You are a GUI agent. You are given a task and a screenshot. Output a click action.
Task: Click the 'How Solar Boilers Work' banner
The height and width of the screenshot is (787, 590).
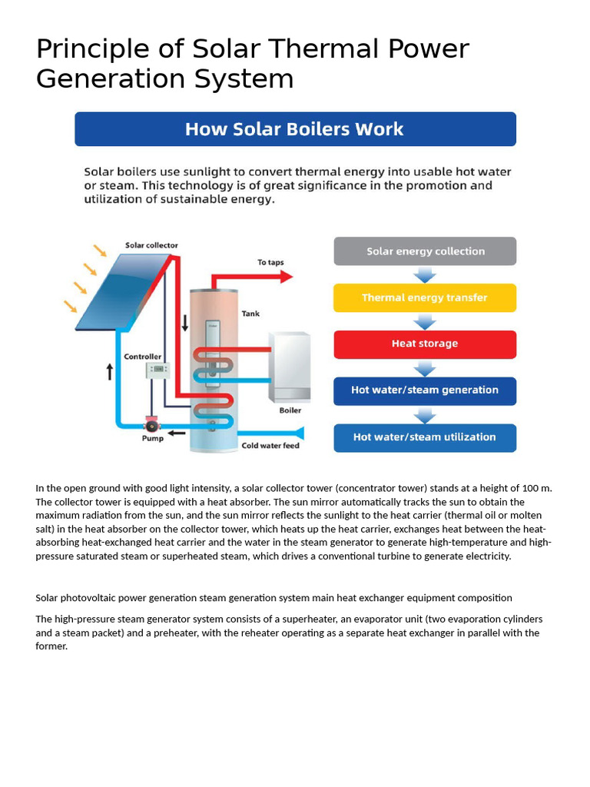(x=295, y=129)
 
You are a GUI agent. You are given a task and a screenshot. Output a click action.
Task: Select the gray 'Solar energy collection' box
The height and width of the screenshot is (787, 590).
(x=425, y=251)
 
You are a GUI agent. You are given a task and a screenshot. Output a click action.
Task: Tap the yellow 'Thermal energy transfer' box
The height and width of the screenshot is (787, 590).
(x=425, y=297)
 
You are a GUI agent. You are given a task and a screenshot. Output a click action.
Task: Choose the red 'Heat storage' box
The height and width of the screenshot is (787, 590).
(x=425, y=344)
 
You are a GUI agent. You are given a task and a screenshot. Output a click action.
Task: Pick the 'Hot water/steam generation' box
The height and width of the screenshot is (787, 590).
(x=425, y=390)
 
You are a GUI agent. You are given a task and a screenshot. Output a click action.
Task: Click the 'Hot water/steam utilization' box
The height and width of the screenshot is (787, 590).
(x=425, y=437)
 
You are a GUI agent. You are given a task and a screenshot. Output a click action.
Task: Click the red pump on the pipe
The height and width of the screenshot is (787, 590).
(x=152, y=425)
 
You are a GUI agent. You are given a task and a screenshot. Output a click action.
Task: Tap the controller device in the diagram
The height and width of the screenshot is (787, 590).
(x=157, y=370)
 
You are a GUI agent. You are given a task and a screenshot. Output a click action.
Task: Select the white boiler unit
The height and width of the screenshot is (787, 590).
(x=289, y=367)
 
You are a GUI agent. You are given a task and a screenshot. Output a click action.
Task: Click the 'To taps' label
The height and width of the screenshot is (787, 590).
(x=270, y=263)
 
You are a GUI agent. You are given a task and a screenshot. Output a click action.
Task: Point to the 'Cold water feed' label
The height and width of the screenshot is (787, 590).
(x=270, y=446)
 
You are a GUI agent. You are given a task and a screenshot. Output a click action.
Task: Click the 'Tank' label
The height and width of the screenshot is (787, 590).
(x=250, y=314)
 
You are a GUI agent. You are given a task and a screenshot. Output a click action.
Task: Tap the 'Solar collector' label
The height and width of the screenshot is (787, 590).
(x=151, y=246)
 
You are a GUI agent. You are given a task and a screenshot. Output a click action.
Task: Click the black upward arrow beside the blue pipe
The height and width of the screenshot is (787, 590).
(x=109, y=372)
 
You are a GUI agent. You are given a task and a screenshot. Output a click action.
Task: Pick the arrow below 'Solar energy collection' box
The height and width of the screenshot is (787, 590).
(x=425, y=274)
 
